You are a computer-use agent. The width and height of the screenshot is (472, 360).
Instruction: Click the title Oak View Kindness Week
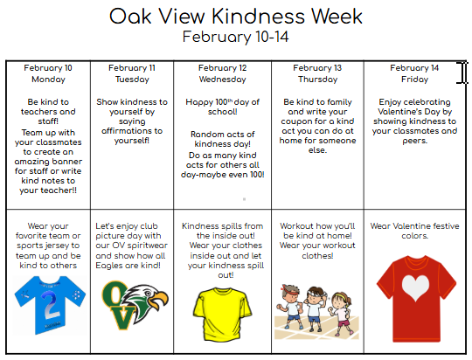(235, 17)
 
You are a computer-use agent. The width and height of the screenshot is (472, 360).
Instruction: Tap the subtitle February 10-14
(235, 37)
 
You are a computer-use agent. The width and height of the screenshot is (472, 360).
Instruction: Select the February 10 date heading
(48, 67)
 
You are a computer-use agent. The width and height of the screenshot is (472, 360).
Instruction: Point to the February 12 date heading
(223, 67)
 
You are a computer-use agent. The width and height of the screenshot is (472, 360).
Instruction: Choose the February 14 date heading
(414, 67)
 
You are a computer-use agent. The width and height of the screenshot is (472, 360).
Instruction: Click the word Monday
(48, 79)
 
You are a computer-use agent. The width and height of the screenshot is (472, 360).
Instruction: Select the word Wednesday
(223, 79)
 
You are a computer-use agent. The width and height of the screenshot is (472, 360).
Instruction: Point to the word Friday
(414, 79)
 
